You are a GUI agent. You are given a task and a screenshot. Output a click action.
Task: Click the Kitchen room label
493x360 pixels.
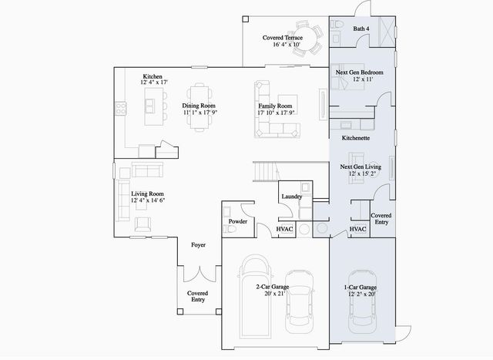(153, 76)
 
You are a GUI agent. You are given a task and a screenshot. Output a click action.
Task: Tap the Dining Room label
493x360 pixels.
(199, 106)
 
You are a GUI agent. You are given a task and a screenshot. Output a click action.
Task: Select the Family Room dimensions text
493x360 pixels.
(276, 113)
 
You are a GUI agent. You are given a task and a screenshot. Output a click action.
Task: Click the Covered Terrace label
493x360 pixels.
(283, 38)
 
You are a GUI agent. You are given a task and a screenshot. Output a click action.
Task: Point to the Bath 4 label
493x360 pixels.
(361, 29)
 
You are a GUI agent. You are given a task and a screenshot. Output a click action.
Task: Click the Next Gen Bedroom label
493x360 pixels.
(360, 72)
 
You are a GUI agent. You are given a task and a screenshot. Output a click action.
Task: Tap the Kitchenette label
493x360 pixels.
(356, 138)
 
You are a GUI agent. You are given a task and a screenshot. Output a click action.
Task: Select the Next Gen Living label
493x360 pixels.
(361, 167)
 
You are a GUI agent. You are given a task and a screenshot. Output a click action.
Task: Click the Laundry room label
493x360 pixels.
(292, 197)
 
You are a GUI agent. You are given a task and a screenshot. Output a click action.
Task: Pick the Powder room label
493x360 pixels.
(238, 221)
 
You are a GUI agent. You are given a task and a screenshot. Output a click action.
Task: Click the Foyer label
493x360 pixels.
(199, 245)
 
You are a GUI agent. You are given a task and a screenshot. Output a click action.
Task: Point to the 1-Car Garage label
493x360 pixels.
(361, 288)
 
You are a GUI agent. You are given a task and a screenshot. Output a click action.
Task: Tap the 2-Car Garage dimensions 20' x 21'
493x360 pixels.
(274, 294)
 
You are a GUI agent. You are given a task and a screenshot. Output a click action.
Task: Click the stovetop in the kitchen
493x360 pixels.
(121, 108)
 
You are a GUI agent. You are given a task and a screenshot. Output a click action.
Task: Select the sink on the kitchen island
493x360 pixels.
(150, 106)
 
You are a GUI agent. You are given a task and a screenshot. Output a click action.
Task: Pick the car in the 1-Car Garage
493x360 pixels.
(361, 301)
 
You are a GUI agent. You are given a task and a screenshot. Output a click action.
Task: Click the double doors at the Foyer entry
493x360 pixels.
(200, 274)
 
